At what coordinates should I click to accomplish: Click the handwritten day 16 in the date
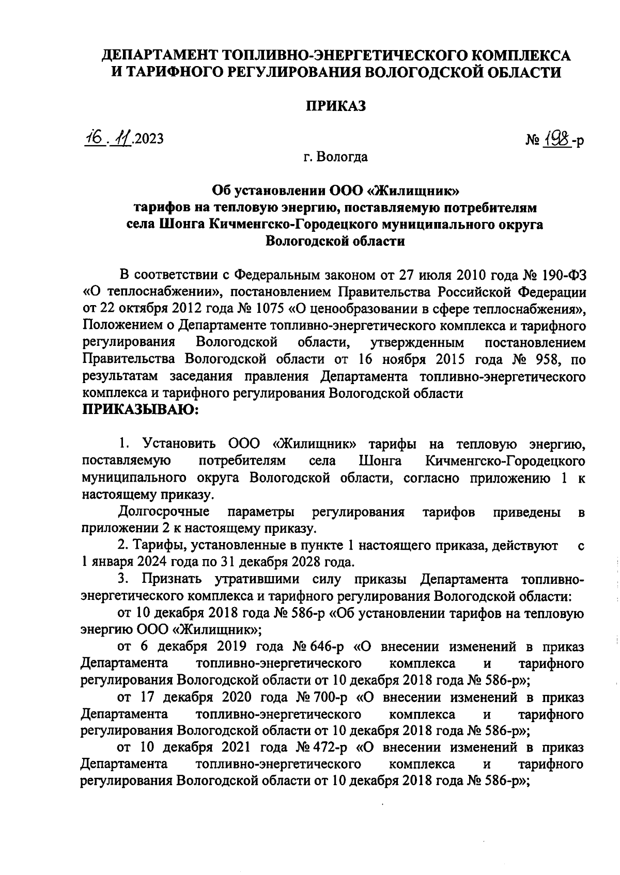tap(95, 138)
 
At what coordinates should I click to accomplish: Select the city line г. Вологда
tap(336, 156)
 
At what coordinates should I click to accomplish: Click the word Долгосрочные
tap(164, 512)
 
